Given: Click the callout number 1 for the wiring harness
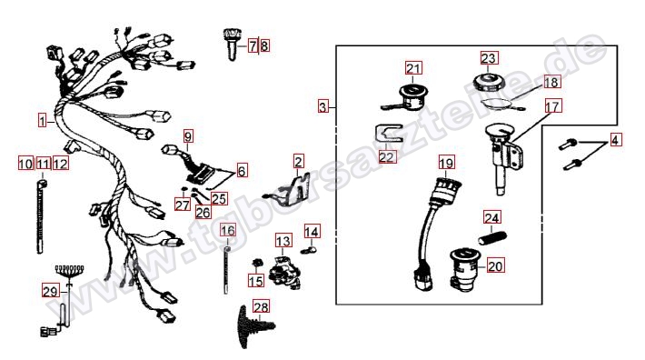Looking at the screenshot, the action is coord(43,121).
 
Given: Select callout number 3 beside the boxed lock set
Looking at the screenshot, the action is coord(323,107).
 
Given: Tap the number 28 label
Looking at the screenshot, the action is coord(262,307).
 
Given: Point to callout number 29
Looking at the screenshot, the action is coord(51,292).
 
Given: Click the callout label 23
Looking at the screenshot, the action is coord(489,58).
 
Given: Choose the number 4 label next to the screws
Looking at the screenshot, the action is coord(614,140).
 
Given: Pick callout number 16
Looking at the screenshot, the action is coord(228,231).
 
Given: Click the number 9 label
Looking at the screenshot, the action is coord(188,136).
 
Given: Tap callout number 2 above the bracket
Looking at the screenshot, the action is coord(299,161).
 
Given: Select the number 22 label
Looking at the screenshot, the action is coord(387,156).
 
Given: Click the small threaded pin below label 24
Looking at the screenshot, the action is coord(492,237).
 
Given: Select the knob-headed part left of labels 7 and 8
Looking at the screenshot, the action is coord(231,44).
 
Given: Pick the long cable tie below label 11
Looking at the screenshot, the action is coord(41,216).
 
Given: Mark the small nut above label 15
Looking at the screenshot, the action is coord(257,262).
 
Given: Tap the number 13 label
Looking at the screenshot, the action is coord(283,241).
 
